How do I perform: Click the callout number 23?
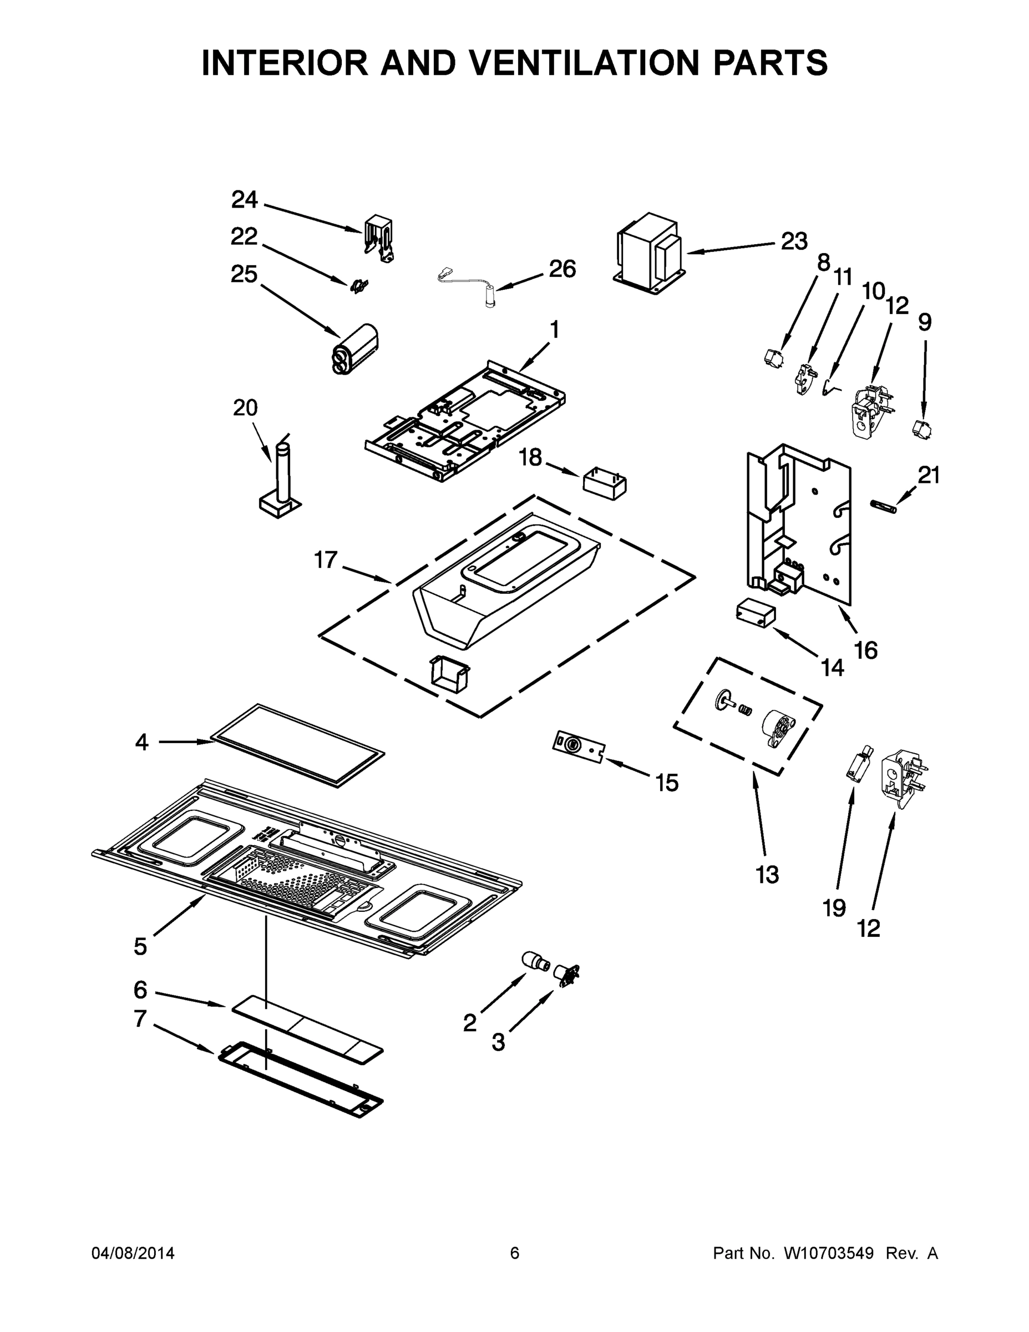tap(794, 241)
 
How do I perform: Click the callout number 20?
tap(245, 407)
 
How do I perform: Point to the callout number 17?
tap(326, 560)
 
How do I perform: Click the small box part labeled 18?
tap(605, 483)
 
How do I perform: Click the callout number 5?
tap(140, 946)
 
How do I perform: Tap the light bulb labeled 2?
tap(536, 962)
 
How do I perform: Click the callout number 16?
tap(865, 651)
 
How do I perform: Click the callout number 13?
tap(768, 875)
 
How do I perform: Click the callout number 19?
tap(834, 909)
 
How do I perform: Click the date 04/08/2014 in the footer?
tap(133, 1253)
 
